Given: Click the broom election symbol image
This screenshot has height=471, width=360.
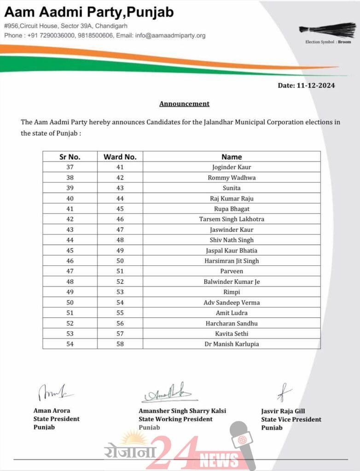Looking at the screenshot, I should [x=327, y=30].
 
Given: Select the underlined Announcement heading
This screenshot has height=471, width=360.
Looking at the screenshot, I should [x=184, y=103].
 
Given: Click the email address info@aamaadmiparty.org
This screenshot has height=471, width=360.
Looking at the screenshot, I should [x=170, y=35].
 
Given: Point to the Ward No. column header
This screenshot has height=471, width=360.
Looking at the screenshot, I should [x=120, y=157].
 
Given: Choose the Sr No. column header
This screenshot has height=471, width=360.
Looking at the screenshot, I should [x=70, y=157].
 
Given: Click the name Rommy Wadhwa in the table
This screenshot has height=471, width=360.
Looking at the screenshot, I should [x=232, y=178].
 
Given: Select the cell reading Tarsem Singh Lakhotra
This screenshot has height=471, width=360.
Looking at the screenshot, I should [x=232, y=219].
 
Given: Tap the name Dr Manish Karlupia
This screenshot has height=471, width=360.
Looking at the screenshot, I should [x=232, y=344].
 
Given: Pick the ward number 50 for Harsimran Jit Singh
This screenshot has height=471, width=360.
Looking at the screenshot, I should [x=120, y=261].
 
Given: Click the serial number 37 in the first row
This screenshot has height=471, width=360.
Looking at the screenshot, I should [x=70, y=167].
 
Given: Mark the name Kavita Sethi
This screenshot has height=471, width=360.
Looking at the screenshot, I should [x=232, y=333].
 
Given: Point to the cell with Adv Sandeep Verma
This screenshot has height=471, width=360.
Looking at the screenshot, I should [x=232, y=302].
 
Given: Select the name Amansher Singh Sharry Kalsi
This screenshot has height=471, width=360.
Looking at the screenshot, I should [x=182, y=411].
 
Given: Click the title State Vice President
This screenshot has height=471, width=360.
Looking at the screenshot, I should [x=291, y=419].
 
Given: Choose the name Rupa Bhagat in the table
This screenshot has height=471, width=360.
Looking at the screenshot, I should [x=232, y=209].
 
